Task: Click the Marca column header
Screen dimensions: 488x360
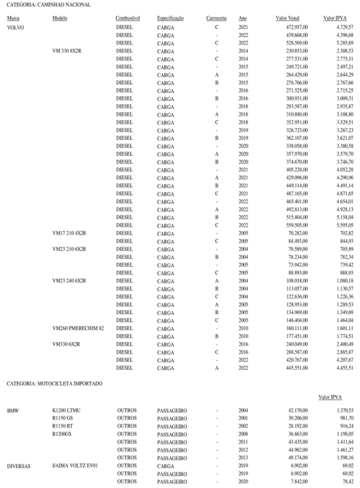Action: pos(13,18)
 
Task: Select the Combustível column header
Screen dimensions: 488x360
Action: pos(127,18)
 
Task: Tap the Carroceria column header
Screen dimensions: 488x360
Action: pos(216,18)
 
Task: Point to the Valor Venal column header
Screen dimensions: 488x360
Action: pos(288,18)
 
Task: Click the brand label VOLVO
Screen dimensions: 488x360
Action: pos(15,27)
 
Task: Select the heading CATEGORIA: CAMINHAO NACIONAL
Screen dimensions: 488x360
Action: pos(42,4)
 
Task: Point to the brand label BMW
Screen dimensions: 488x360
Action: pos(13,409)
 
